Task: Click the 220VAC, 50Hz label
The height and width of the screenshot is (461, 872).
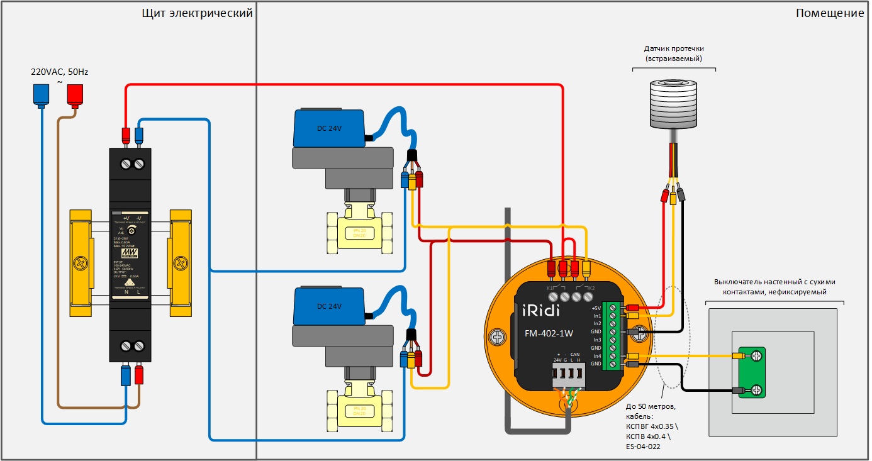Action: [x=60, y=72]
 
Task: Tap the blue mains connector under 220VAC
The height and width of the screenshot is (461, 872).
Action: [x=41, y=94]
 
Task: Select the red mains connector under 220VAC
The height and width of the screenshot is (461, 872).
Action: [x=75, y=94]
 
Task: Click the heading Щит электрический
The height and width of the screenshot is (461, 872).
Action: [x=198, y=13]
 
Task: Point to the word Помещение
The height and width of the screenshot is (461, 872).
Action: [x=830, y=13]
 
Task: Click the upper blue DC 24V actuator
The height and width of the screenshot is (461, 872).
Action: [x=329, y=128]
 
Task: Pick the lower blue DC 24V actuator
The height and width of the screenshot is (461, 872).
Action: [x=329, y=306]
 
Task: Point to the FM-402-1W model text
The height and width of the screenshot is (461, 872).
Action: [x=549, y=333]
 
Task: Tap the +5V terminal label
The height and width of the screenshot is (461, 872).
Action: [x=596, y=308]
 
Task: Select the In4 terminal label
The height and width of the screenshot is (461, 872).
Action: [x=596, y=356]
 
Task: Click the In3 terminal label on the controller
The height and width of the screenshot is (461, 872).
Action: [x=596, y=340]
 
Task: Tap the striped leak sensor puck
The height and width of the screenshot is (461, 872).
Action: [x=674, y=103]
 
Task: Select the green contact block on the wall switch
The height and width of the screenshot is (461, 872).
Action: [x=752, y=373]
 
